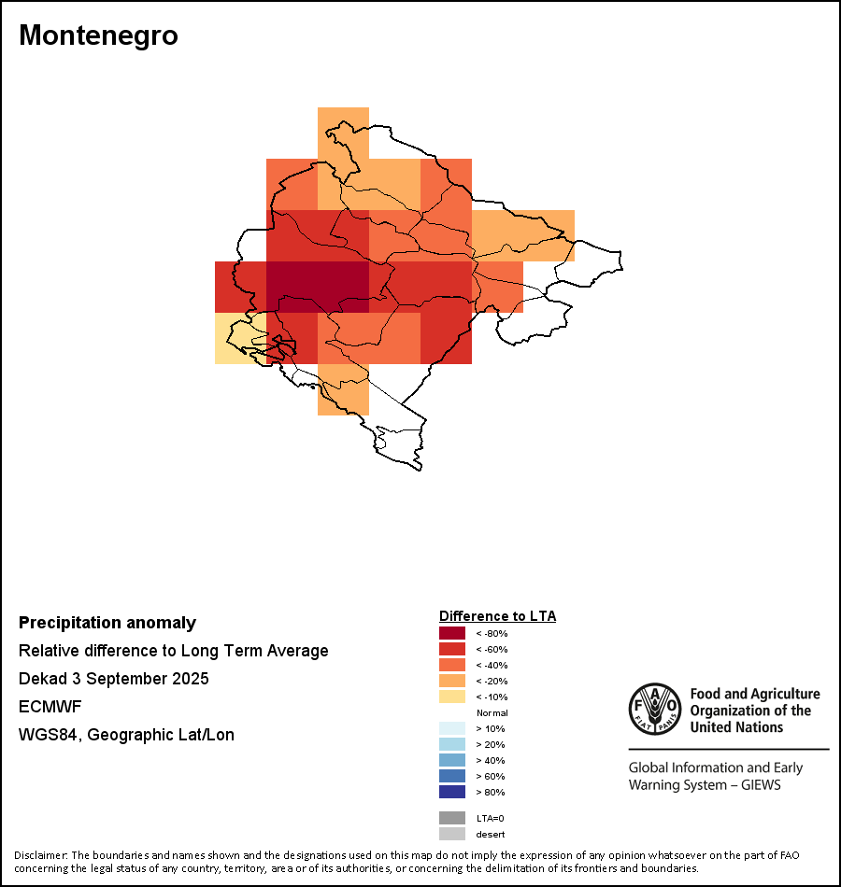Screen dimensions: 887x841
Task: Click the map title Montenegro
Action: [x=98, y=35]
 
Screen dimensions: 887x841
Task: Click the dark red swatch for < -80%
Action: [x=452, y=633]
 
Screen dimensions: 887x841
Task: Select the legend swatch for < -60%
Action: [x=452, y=649]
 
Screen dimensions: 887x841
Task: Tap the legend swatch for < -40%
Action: [x=452, y=665]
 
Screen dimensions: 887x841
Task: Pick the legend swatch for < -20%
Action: [x=452, y=681]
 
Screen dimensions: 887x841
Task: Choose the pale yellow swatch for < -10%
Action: [x=452, y=697]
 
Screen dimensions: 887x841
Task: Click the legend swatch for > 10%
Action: [x=452, y=728]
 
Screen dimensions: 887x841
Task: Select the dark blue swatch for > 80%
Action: [x=452, y=792]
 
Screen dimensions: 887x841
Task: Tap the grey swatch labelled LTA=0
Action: [x=452, y=818]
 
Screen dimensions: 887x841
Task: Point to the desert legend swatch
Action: [x=452, y=834]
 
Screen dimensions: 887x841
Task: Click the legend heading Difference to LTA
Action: [x=497, y=616]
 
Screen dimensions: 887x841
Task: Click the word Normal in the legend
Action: [x=492, y=712]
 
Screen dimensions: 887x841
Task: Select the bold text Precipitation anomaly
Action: [x=107, y=623]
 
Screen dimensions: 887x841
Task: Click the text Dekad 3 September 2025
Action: [x=114, y=679]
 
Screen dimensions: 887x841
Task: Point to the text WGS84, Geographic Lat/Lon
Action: [x=126, y=735]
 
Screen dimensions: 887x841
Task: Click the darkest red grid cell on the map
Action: [x=318, y=287]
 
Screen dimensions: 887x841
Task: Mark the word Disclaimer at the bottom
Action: [x=40, y=855]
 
